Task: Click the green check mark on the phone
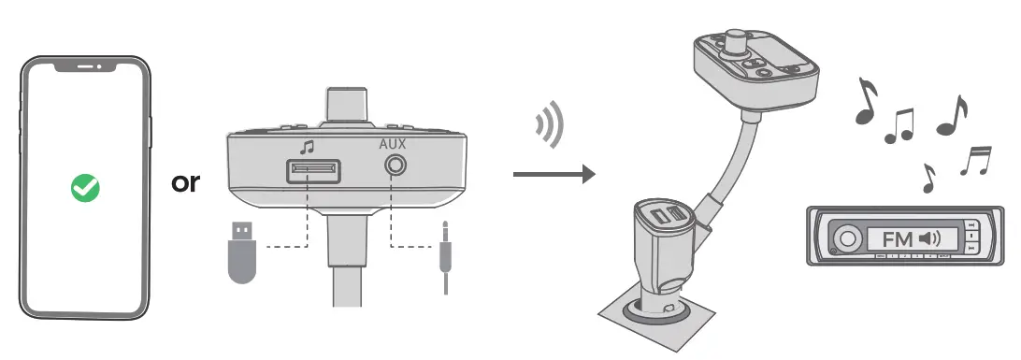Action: click(86, 190)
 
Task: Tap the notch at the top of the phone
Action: click(85, 67)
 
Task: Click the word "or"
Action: click(186, 181)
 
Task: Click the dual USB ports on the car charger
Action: click(669, 217)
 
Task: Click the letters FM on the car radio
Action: click(898, 239)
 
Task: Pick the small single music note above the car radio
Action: click(927, 178)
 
